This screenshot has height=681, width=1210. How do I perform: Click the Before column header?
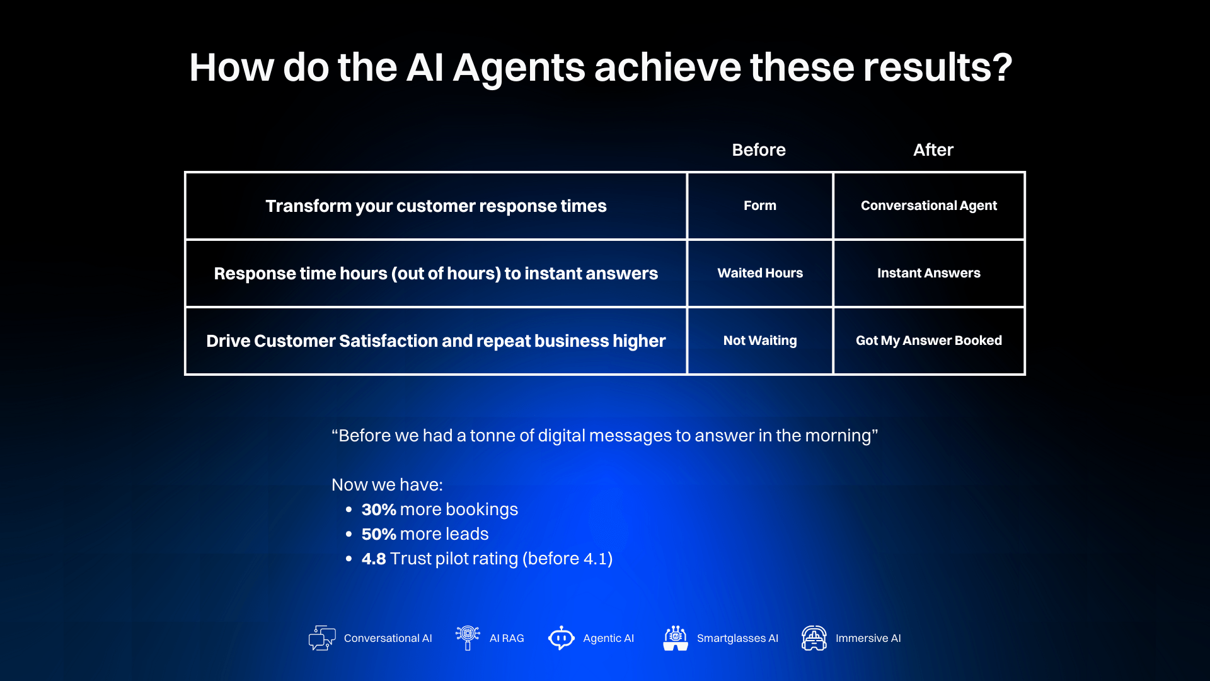point(759,150)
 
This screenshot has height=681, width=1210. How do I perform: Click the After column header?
point(933,150)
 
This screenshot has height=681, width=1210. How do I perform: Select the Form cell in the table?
point(759,206)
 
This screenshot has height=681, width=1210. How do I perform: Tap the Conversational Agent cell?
point(928,206)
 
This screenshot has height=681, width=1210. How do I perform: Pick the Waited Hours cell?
point(759,273)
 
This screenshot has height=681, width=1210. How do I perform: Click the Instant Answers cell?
point(928,273)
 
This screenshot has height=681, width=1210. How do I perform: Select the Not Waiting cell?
point(759,340)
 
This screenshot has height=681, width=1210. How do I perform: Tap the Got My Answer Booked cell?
point(928,340)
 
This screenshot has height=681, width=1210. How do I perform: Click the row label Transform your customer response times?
point(435,206)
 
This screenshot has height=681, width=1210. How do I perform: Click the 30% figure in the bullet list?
point(378,509)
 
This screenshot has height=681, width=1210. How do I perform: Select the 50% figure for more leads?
point(378,534)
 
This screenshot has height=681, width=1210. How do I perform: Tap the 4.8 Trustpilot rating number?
point(373,559)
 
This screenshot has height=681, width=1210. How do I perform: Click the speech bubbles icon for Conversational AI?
point(322,638)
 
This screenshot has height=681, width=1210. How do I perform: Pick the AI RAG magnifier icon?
point(468,637)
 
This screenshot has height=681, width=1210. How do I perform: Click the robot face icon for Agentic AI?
point(561,638)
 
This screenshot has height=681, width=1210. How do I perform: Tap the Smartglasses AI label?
point(737,638)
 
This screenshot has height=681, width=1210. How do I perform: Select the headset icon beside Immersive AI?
point(814,638)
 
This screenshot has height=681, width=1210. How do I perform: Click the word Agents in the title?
point(519,67)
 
